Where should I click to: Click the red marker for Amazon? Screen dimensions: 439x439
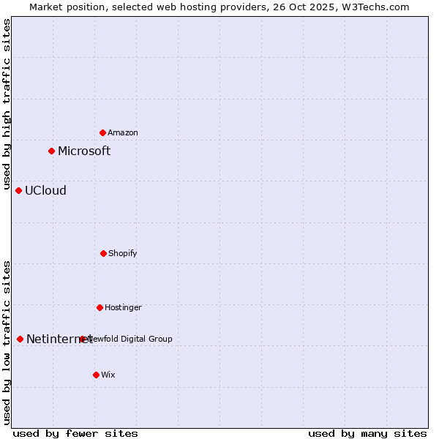pyautogui.click(x=103, y=132)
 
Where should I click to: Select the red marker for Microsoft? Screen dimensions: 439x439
pyautogui.click(x=51, y=151)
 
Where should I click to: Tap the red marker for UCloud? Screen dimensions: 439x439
pyautogui.click(x=19, y=190)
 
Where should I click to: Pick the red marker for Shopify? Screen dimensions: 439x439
pyautogui.click(x=103, y=253)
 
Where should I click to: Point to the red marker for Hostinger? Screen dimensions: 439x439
pyautogui.click(x=100, y=307)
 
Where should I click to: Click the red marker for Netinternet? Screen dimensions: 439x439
pyautogui.click(x=20, y=339)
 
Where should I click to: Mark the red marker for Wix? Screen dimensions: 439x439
pyautogui.click(x=96, y=375)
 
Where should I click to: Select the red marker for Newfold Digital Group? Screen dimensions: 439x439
pyautogui.click(x=83, y=339)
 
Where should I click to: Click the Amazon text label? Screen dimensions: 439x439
pyautogui.click(x=123, y=132)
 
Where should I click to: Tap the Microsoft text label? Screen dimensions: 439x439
pyautogui.click(x=84, y=151)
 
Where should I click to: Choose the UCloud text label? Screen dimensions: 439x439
pyautogui.click(x=45, y=190)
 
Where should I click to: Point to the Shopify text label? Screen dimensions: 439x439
pyautogui.click(x=123, y=253)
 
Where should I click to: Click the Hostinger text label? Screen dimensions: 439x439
pyautogui.click(x=123, y=307)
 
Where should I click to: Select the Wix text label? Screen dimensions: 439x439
pyautogui.click(x=108, y=375)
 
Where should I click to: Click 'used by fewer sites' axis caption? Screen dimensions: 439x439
pyautogui.click(x=75, y=433)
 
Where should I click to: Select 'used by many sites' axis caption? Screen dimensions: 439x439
pyautogui.click(x=367, y=433)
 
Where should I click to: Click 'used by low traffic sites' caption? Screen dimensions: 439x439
pyautogui.click(x=7, y=342)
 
